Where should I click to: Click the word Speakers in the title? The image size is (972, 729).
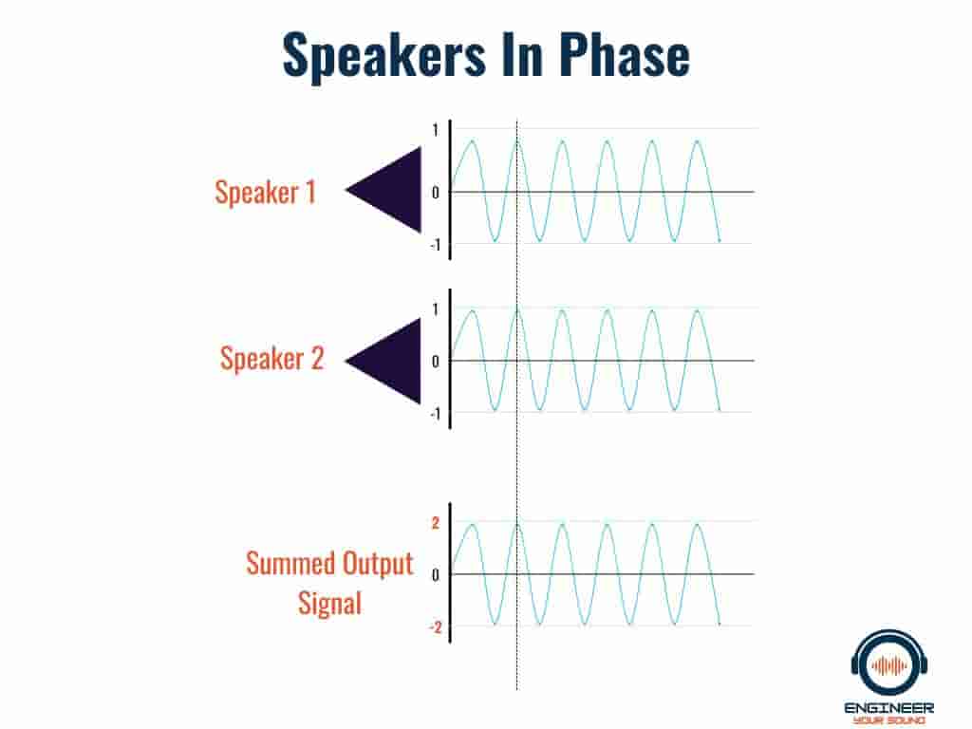(384, 56)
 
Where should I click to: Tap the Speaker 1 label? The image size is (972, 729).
(266, 192)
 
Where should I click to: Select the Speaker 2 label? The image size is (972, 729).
(272, 358)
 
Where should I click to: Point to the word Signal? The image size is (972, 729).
(329, 603)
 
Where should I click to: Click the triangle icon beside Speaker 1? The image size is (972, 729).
(383, 190)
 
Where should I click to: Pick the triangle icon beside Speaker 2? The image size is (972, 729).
(383, 361)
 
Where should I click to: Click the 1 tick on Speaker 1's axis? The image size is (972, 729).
(435, 130)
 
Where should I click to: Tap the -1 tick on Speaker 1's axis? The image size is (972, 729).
(435, 246)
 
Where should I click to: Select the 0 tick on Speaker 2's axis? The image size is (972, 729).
(435, 362)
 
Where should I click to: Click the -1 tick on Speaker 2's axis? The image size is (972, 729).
(435, 414)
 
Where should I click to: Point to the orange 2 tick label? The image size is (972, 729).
(435, 523)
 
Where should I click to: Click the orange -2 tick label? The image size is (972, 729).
(435, 627)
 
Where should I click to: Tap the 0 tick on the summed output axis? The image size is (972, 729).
(435, 575)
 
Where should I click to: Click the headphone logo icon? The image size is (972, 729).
(888, 664)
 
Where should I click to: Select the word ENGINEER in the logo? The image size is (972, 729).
(888, 708)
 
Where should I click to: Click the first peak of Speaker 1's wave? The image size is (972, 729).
(473, 142)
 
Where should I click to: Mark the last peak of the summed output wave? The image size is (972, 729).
(698, 526)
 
